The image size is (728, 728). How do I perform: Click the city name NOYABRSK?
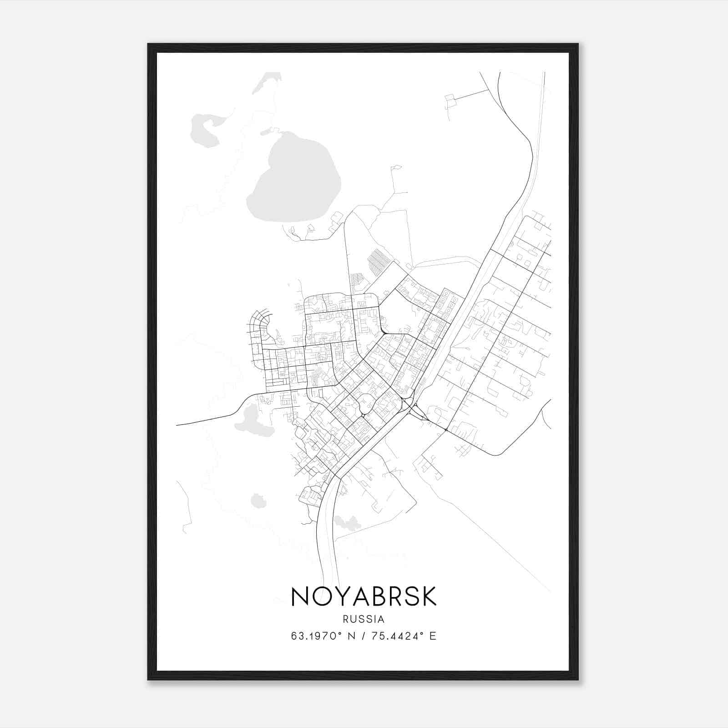point(364,597)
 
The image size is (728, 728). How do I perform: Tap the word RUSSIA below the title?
point(364,619)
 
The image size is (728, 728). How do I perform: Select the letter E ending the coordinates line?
point(433,636)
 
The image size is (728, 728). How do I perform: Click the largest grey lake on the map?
point(296,180)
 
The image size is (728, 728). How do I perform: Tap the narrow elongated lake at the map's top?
point(266,82)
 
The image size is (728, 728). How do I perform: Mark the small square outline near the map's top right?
point(450,101)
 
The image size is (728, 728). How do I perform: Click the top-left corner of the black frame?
point(148,45)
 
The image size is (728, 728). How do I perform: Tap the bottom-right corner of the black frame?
point(577,679)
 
